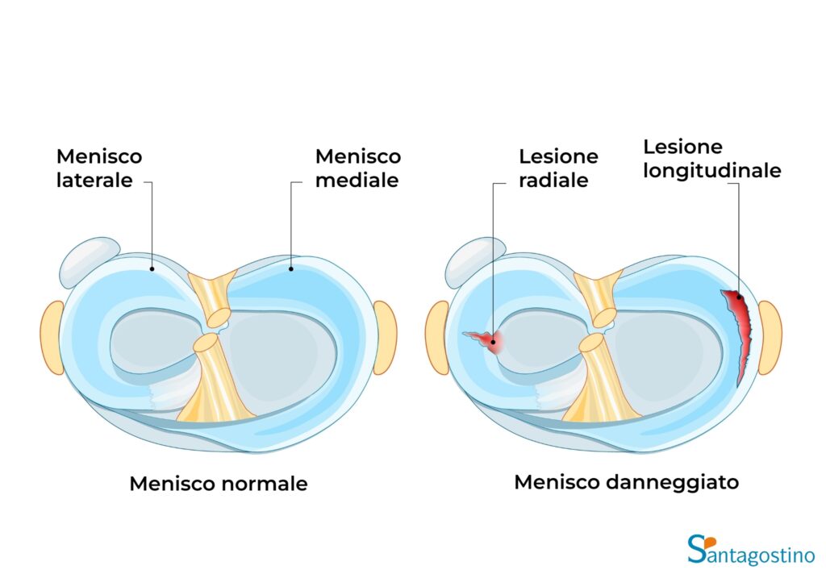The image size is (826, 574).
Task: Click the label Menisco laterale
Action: coord(98,168)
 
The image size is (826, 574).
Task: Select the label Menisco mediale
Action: coord(357,168)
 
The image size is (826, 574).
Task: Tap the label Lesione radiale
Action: coord(558,168)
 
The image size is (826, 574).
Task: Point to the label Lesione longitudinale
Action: coord(711,159)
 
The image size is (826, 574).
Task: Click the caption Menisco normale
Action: coord(219,484)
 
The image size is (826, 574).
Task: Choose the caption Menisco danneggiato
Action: coord(627,482)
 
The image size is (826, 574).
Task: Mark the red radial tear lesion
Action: coord(488,341)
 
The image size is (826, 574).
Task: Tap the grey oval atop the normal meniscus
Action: coord(89,258)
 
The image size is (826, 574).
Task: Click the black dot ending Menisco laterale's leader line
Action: coord(152,264)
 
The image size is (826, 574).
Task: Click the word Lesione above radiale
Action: coord(558,156)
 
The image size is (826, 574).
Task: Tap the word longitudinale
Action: coord(711,170)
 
